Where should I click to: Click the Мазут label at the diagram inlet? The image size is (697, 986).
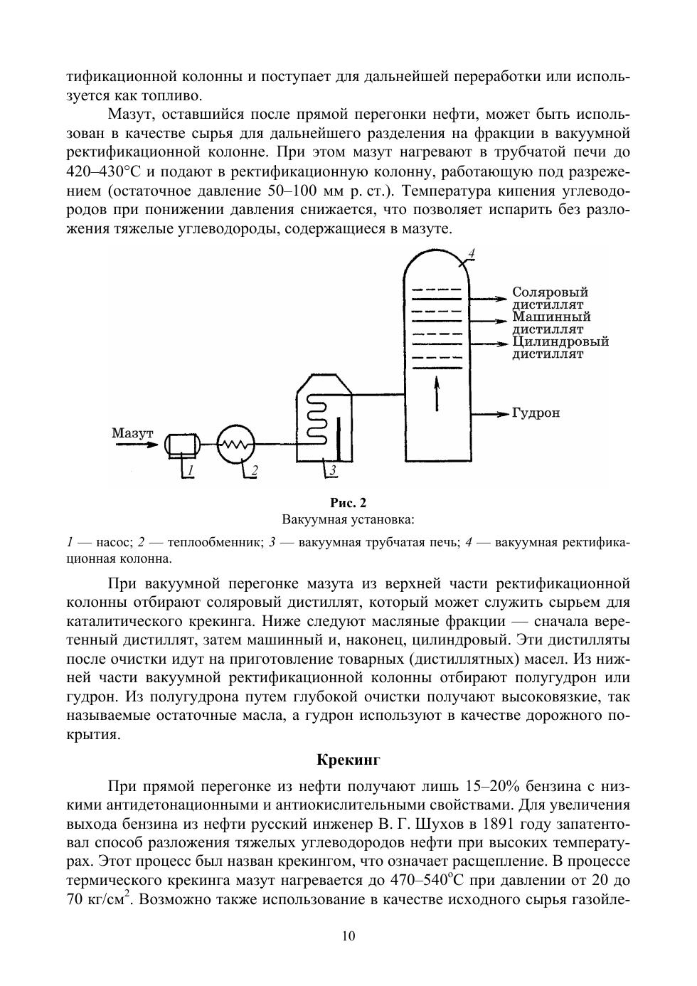coord(132,433)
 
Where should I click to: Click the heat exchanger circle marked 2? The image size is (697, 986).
coord(235,445)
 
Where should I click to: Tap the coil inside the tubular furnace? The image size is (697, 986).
coord(316,420)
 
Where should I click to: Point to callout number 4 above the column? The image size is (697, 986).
coord(472,254)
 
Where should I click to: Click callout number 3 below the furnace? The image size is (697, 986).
coord(333,470)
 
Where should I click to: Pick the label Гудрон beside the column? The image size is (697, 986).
coord(536,413)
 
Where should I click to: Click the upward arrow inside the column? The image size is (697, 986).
coord(437,393)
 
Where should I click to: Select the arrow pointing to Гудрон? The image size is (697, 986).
coord(491,413)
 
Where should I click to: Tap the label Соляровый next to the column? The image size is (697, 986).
coord(550,292)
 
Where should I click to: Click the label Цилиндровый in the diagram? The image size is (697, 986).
coord(560,341)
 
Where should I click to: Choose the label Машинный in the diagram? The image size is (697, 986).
coord(551,317)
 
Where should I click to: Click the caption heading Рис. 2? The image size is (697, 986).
coord(348,504)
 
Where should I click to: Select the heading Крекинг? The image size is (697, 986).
coord(348,760)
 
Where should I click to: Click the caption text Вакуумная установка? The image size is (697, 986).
coord(348,519)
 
